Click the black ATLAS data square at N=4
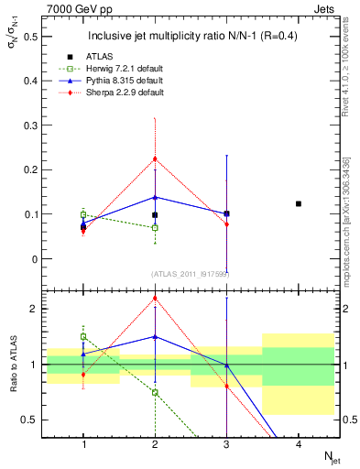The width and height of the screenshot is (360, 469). (299, 203)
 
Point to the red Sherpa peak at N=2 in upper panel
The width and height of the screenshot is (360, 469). (155, 158)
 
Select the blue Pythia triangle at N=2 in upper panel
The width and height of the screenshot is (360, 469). (155, 197)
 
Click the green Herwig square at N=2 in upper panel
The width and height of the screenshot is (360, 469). (155, 227)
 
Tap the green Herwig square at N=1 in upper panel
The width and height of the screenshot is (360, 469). (83, 214)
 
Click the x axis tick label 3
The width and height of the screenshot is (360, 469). (226, 444)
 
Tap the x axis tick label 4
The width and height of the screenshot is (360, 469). (299, 444)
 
